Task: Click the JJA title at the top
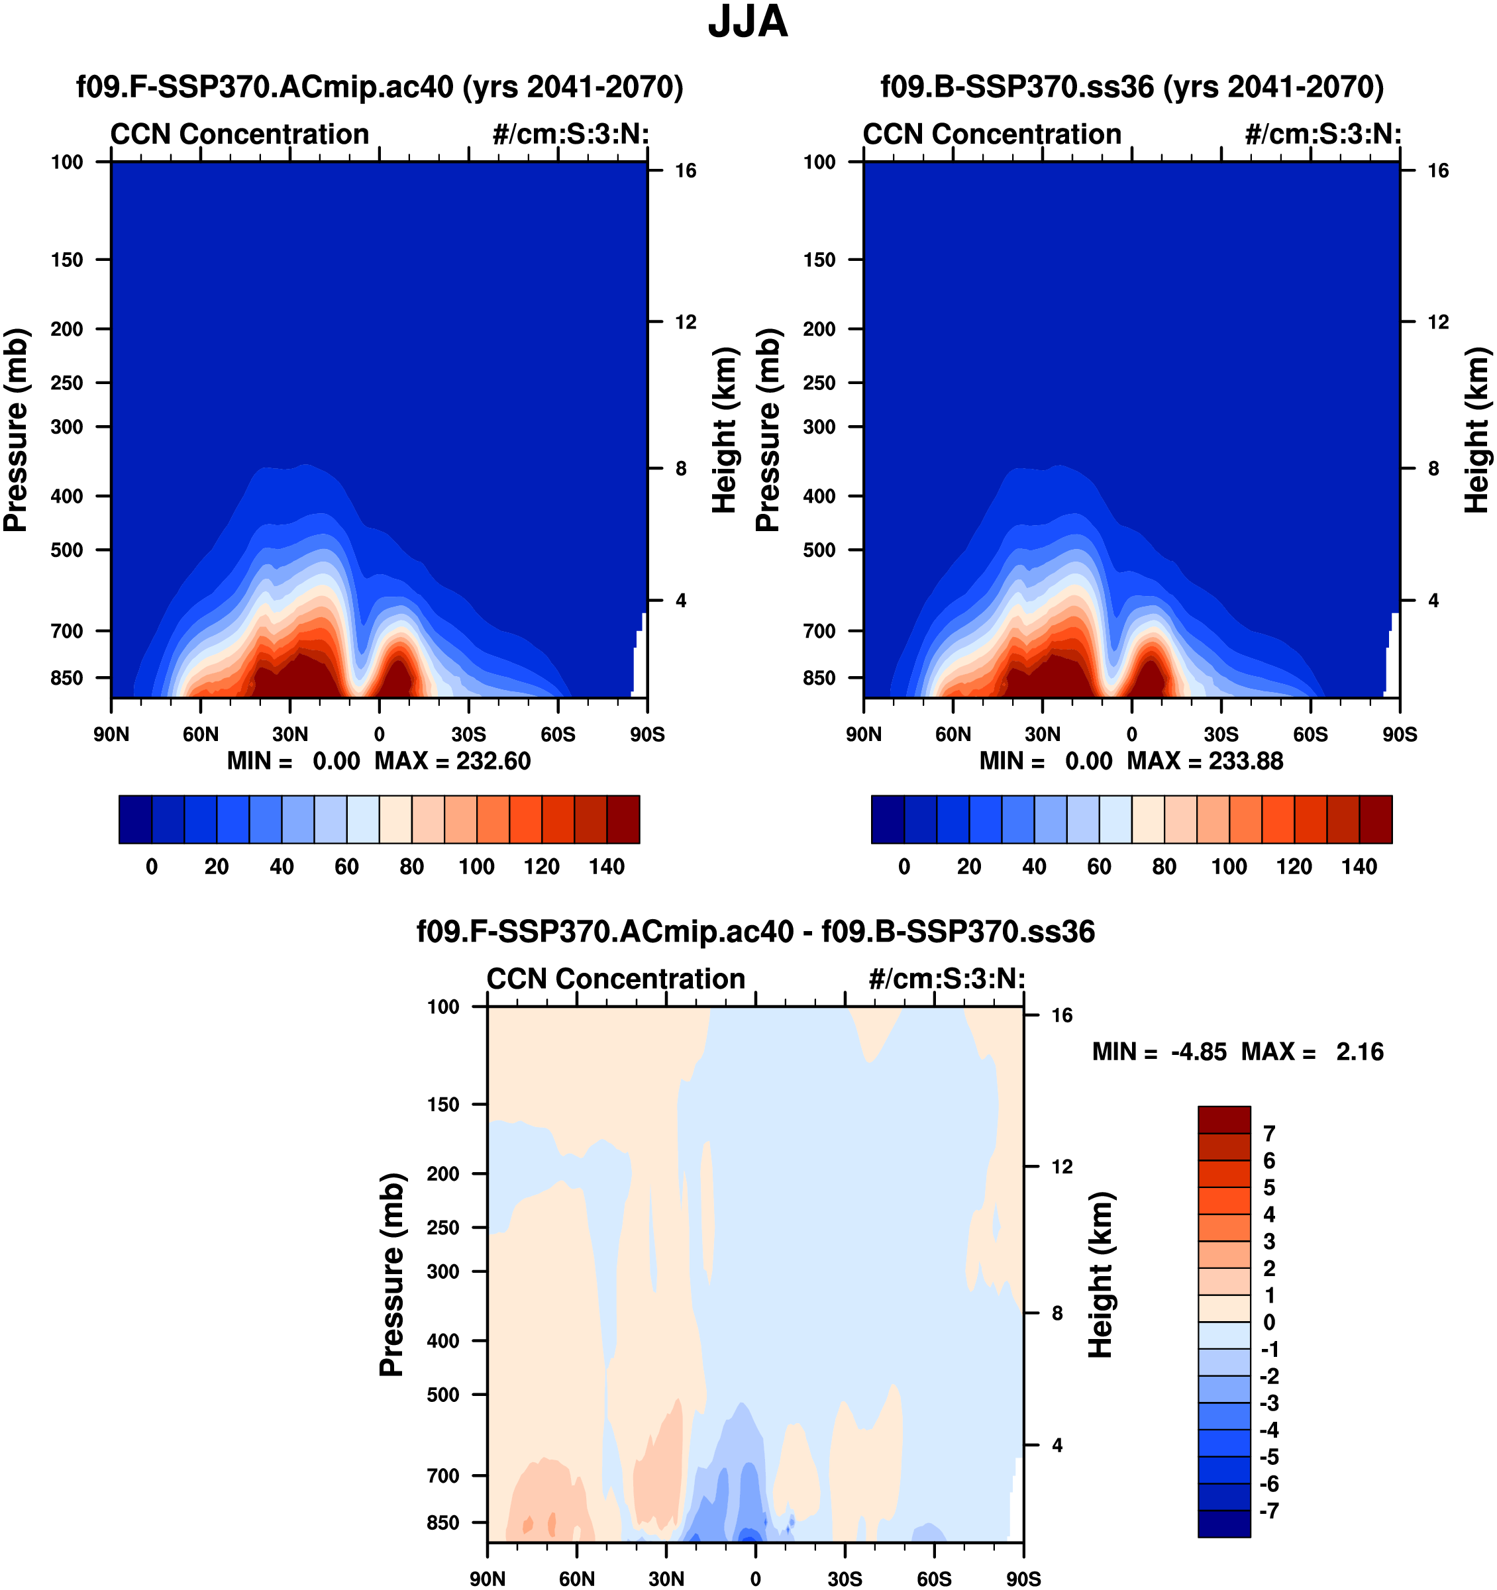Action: pos(747,23)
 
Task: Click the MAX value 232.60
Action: pos(493,761)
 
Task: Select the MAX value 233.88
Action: pos(1246,761)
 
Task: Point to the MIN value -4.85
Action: pos(1198,1052)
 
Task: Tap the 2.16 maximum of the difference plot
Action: pos(1359,1052)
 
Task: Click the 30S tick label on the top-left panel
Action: pos(468,734)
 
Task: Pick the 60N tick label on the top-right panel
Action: pos(953,734)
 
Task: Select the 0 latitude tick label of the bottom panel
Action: pos(755,1579)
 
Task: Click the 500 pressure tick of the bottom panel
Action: pos(443,1394)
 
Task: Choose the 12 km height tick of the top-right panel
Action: pos(1438,323)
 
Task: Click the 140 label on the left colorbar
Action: pos(607,867)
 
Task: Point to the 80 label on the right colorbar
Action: pos(1164,867)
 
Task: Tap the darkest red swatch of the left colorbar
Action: pos(623,819)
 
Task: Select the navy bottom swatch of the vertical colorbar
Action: pos(1223,1524)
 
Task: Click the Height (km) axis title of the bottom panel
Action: pos(1101,1275)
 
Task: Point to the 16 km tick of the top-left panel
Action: pos(685,170)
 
